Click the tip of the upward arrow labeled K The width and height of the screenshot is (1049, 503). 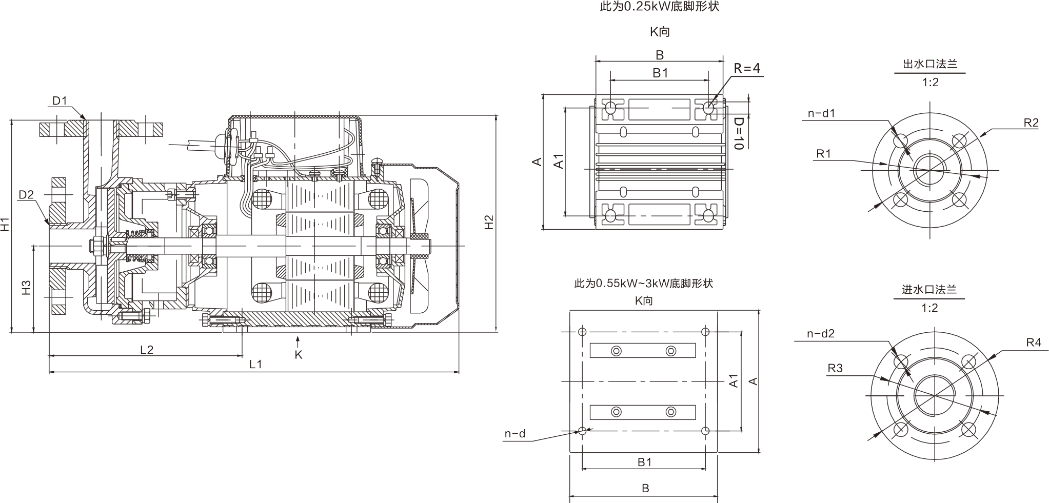[x=298, y=336]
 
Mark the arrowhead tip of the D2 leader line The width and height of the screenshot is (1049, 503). [x=49, y=225]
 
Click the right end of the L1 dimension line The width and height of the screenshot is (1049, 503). [x=459, y=371]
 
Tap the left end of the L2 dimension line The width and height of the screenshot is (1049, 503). [x=49, y=356]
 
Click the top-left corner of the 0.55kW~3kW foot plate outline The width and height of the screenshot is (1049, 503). [x=570, y=311]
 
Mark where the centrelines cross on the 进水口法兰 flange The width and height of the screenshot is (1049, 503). [x=935, y=395]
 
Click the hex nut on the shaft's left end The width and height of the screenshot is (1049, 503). [x=95, y=246]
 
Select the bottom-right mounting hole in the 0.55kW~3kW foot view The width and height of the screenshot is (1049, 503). [x=705, y=430]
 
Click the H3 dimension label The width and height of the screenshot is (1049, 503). [x=27, y=288]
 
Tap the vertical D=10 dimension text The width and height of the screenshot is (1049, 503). [x=739, y=133]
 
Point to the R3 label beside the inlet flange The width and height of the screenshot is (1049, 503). [x=835, y=368]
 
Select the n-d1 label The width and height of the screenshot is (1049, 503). [x=821, y=113]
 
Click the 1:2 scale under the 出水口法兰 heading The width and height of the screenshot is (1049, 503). [x=930, y=82]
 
